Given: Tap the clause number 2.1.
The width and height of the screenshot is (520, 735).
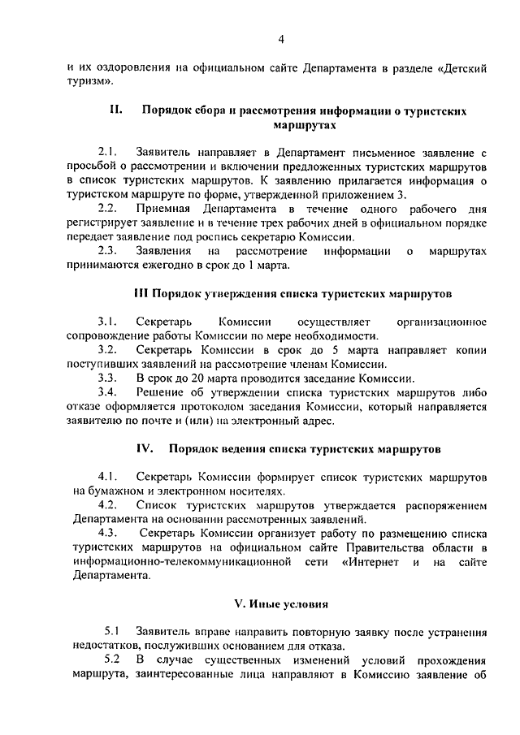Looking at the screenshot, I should click(107, 152).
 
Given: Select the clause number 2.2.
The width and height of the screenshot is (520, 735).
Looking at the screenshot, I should click(107, 209).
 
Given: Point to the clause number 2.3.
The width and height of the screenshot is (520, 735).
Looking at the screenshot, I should click(107, 251).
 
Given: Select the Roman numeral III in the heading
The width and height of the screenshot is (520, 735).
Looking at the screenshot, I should click(141, 292).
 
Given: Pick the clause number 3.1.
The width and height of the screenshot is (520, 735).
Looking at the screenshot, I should click(107, 322).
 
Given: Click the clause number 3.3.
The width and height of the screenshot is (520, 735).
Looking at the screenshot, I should click(107, 378).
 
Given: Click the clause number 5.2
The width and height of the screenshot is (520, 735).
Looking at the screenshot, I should click(112, 660).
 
